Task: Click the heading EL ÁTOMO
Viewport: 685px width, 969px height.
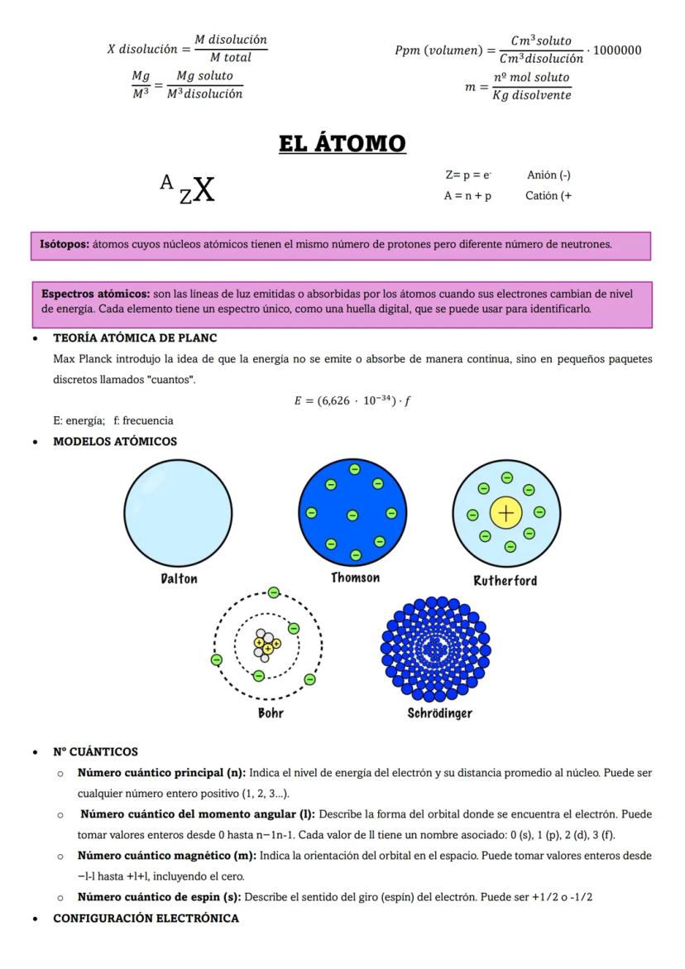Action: [x=342, y=143]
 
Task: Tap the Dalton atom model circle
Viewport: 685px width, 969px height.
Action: [x=178, y=513]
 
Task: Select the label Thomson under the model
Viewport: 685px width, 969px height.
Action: [x=355, y=578]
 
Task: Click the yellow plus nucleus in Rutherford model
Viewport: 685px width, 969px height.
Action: [x=505, y=513]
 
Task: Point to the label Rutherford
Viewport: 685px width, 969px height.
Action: [x=505, y=580]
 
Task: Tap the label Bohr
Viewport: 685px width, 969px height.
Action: [x=271, y=712]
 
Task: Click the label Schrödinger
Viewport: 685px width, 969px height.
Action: [x=439, y=712]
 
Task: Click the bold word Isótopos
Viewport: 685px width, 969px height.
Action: [x=65, y=245]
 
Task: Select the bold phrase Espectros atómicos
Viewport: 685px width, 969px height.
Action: [x=95, y=294]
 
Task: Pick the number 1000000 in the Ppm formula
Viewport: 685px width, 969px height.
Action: [x=617, y=50]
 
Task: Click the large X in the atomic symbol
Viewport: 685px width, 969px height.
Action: [x=203, y=190]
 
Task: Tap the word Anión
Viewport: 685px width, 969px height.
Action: [x=542, y=175]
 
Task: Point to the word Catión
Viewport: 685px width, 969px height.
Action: [x=541, y=196]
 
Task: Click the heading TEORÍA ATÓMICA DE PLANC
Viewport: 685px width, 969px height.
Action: [x=135, y=338]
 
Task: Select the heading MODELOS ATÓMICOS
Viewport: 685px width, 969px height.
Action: [x=115, y=441]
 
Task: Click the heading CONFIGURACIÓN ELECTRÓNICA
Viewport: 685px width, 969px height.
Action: [x=146, y=918]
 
